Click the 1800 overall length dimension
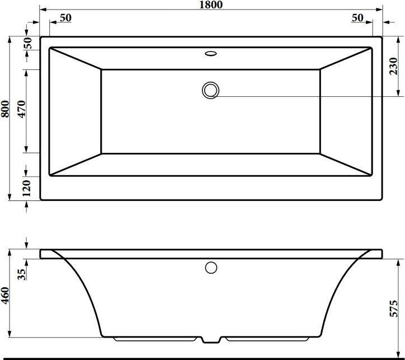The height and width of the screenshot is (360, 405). [211, 4]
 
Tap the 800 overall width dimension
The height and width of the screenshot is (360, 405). [5, 109]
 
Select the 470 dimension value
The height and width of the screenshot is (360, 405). [22, 109]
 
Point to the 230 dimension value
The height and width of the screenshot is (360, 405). [393, 67]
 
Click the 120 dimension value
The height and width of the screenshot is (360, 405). [26, 188]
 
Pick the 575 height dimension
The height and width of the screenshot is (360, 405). [394, 308]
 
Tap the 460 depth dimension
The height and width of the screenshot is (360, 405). [5, 295]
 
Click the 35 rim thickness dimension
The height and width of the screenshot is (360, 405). [22, 274]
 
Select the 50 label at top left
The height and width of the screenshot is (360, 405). [65, 18]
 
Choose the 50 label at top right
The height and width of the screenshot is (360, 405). [357, 18]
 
